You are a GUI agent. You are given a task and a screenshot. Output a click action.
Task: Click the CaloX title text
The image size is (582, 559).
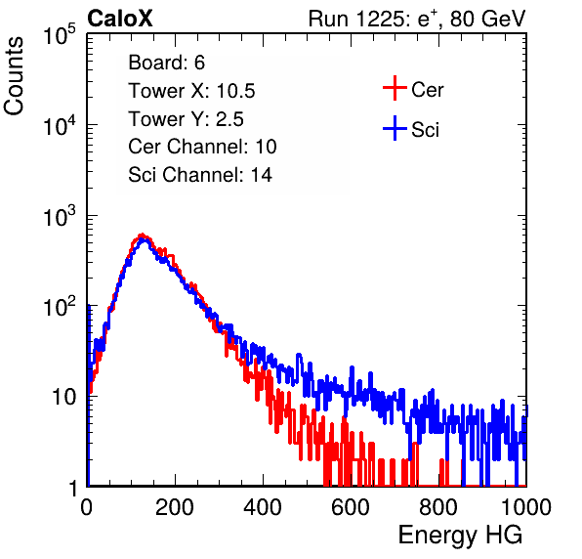pyautogui.click(x=120, y=19)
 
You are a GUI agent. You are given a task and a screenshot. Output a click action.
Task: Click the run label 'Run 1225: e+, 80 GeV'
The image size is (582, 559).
pyautogui.click(x=417, y=19)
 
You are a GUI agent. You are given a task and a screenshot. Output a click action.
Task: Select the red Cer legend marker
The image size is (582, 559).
pyautogui.click(x=395, y=88)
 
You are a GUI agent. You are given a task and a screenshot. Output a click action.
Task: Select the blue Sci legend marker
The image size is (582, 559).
pyautogui.click(x=395, y=128)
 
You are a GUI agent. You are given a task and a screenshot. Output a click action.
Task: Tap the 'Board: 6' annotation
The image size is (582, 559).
pyautogui.click(x=166, y=63)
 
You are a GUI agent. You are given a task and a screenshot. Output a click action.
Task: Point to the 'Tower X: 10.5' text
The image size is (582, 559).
pyautogui.click(x=191, y=91)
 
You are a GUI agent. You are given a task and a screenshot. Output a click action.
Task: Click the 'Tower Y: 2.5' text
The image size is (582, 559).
pyautogui.click(x=186, y=119)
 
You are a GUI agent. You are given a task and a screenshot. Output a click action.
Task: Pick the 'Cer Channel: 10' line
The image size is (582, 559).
pyautogui.click(x=202, y=147)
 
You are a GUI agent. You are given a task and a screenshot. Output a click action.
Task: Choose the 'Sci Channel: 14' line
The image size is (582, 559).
pyautogui.click(x=200, y=175)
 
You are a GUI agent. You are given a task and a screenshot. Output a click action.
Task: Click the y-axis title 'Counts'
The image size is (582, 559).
pyautogui.click(x=14, y=76)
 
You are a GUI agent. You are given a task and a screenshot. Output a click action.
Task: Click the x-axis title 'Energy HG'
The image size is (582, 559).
pyautogui.click(x=460, y=536)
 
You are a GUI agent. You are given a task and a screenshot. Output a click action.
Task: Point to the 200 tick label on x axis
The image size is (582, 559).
pyautogui.click(x=175, y=507)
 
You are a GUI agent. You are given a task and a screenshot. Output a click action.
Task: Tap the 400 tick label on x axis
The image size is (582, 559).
pyautogui.click(x=263, y=507)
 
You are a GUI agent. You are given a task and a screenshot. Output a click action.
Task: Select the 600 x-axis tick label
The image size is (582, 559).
pyautogui.click(x=351, y=507)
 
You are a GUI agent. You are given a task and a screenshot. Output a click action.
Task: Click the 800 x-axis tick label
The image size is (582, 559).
pyautogui.click(x=438, y=507)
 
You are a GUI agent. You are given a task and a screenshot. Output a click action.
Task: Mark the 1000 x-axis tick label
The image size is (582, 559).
pyautogui.click(x=526, y=507)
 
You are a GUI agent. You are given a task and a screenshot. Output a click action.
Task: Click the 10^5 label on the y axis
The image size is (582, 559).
pyautogui.click(x=60, y=34)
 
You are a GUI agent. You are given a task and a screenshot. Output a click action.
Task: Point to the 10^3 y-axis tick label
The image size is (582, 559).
pyautogui.click(x=60, y=216)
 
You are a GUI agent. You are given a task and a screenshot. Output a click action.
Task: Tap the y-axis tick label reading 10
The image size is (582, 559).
pyautogui.click(x=64, y=397)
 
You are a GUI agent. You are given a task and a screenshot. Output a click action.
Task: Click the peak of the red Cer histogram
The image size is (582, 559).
pyautogui.click(x=142, y=235)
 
